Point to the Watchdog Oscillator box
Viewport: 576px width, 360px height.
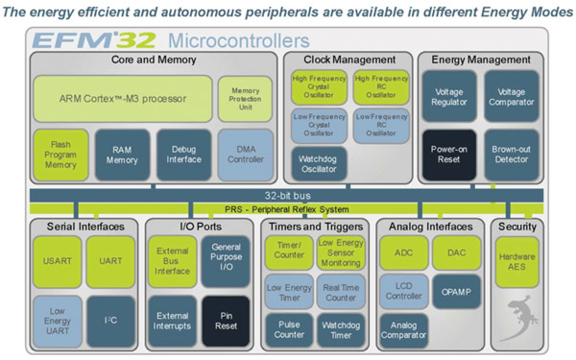pos(315,162)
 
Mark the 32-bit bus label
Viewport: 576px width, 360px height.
pos(288,194)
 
